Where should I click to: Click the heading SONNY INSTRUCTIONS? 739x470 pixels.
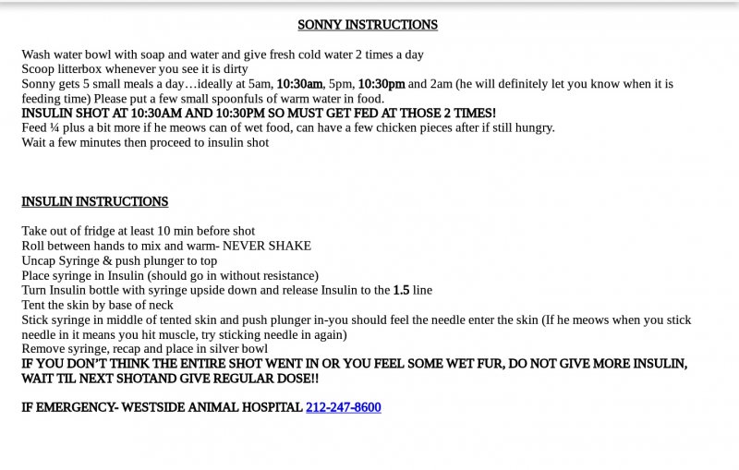coord(368,25)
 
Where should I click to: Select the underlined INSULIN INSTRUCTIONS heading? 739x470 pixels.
coord(95,201)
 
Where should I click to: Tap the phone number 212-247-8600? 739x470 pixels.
coord(343,407)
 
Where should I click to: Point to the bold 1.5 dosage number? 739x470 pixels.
coord(401,290)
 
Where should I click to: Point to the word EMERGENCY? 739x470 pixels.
coord(72,407)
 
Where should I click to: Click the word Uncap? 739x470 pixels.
coord(41,260)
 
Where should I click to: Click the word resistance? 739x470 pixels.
coord(285,275)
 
